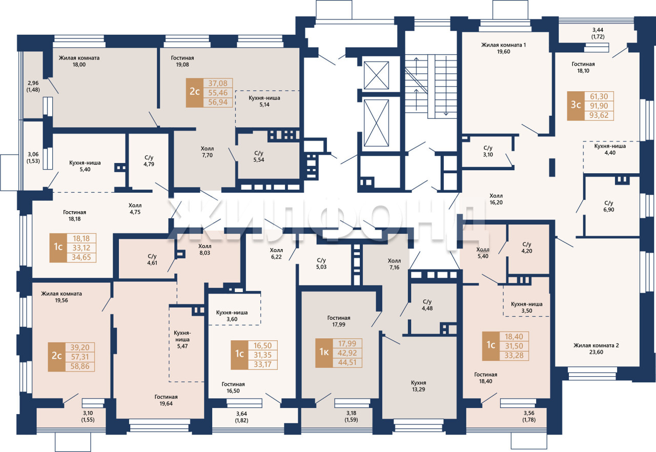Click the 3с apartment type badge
tap(576, 106)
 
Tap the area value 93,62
tap(599, 115)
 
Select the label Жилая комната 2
tap(596, 345)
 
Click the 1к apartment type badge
tap(324, 353)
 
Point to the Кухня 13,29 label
tap(418, 386)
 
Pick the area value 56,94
tap(218, 102)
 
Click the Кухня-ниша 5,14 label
tap(264, 101)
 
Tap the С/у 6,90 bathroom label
tap(608, 207)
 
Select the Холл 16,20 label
tap(496, 199)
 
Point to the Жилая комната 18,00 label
tap(79, 61)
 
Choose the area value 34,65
tap(81, 257)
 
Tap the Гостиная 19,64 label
tap(166, 400)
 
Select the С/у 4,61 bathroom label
tap(152, 260)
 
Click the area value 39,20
tap(80, 347)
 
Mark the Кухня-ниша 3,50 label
tap(526, 307)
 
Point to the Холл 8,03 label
tap(204, 250)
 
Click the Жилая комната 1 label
tap(503, 45)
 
